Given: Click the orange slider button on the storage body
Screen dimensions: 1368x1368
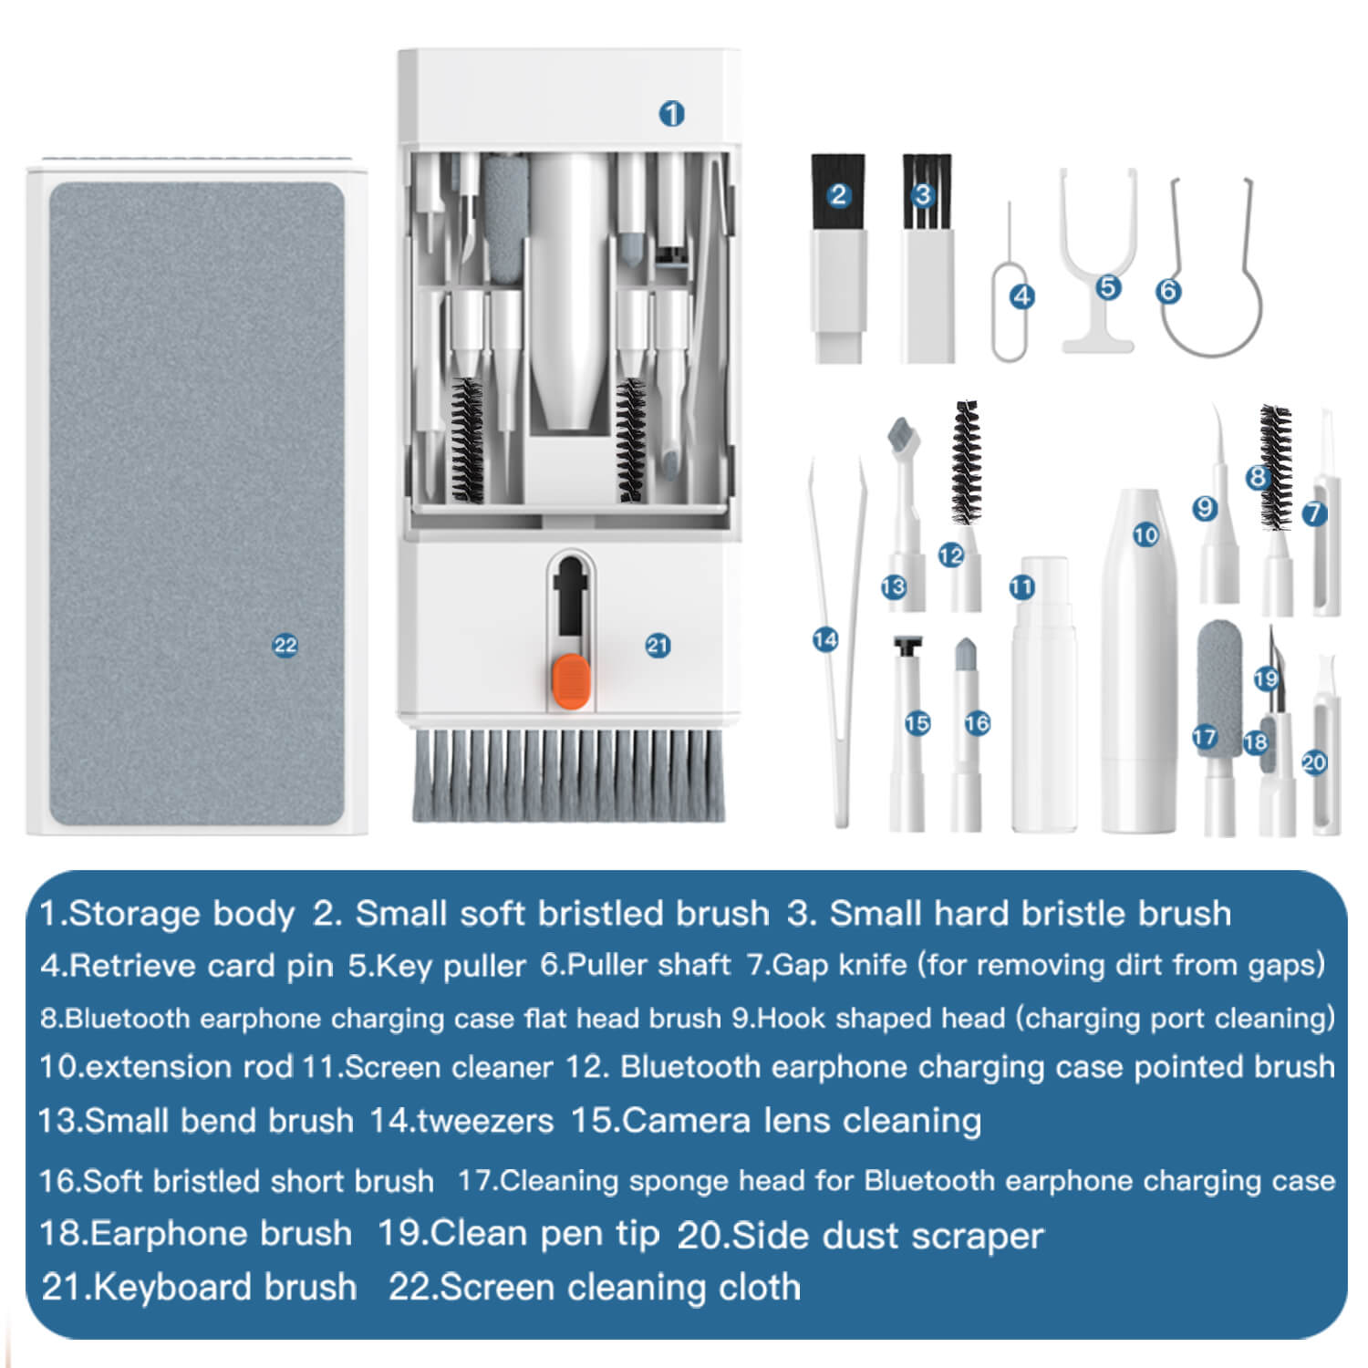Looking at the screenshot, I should (x=572, y=681).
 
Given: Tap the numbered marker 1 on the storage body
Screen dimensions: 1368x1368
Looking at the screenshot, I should (x=672, y=114).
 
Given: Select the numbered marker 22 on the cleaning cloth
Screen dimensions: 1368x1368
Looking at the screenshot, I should (x=285, y=646).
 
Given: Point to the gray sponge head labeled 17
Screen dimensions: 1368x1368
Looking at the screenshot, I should (x=1219, y=675).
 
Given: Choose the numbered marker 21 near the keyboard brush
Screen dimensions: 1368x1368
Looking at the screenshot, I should (x=658, y=646).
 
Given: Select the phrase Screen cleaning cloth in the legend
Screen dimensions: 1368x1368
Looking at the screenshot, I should (x=619, y=1288).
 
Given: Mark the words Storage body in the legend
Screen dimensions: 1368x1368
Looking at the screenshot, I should (x=181, y=914).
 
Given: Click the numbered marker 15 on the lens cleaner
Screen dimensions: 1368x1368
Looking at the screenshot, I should (x=917, y=723).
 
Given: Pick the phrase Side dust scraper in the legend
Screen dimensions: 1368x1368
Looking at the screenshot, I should (x=886, y=1236).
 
